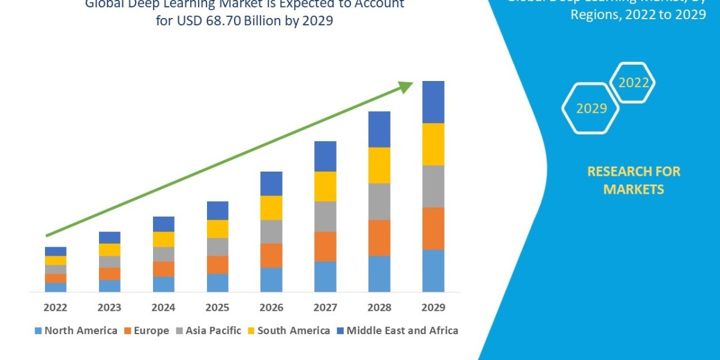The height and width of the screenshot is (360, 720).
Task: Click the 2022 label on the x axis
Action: point(55,308)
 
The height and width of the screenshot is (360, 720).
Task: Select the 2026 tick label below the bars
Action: point(271,308)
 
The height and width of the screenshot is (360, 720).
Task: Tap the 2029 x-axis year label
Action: point(433,308)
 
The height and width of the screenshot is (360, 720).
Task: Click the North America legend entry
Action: point(76,330)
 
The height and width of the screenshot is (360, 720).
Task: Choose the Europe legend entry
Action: point(146,330)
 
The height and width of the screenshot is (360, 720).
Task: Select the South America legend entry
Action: point(288,330)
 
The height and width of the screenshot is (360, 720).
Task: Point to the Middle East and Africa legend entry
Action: point(397,330)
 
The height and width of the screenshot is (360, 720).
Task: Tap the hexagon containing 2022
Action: point(633,83)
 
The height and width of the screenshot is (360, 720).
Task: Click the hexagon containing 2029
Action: point(591,109)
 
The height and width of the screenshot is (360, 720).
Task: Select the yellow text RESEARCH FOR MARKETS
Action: point(633,180)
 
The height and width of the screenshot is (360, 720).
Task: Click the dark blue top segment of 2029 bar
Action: point(433,102)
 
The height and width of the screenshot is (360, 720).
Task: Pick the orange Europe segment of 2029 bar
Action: point(433,229)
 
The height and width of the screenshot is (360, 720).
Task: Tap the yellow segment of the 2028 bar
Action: point(379,165)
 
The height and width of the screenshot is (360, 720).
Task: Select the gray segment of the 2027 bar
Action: point(325,216)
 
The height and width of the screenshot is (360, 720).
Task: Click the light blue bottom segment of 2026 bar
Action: point(271,280)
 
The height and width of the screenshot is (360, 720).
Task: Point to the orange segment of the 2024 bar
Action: point(163,269)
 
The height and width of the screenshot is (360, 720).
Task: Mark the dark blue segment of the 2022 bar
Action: point(55,251)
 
